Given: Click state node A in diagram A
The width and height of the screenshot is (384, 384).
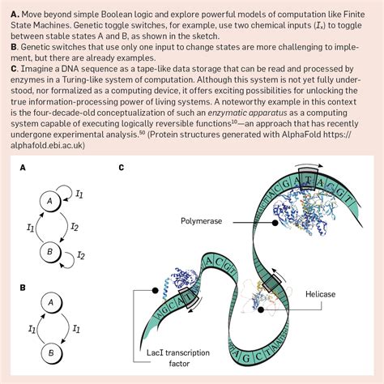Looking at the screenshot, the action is point(49,201).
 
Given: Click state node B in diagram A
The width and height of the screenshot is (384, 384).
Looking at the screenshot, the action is point(50,252).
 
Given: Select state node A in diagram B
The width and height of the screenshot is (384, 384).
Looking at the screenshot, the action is point(51,302).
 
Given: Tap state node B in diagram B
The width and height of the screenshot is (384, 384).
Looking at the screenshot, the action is point(51,353).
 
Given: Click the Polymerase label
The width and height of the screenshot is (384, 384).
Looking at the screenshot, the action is point(201,221).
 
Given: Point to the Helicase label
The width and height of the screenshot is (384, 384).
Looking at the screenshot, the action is point(320,294).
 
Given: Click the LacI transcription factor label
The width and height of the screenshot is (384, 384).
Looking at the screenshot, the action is point(178,358).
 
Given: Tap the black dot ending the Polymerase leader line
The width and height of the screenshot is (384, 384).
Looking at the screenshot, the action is point(275,223).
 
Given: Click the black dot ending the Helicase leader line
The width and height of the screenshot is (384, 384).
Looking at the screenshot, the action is point(261,309).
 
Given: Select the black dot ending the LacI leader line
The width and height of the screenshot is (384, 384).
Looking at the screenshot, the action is point(156,290).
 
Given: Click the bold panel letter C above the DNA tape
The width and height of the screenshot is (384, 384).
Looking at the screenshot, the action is point(122,168).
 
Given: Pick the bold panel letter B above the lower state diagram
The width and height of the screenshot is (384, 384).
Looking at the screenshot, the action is point(23,288).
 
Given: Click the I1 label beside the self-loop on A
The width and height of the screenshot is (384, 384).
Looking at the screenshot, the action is point(79,194).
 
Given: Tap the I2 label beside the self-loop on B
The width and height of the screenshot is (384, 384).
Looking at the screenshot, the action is point(81,255).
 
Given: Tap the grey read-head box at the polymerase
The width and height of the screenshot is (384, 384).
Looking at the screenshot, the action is point(309,178).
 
